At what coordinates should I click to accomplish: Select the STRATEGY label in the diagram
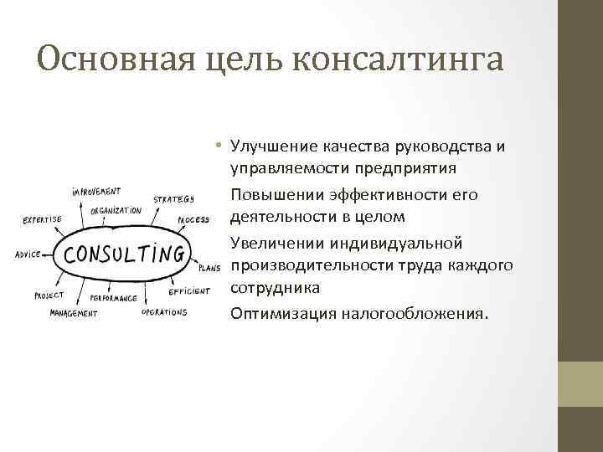tap(174, 199)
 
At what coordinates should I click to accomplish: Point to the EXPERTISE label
tap(42, 220)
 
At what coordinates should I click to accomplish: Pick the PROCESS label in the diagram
tap(193, 220)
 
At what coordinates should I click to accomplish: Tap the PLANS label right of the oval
tap(209, 269)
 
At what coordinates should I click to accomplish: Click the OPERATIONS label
tap(164, 312)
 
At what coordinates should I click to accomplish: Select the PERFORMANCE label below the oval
tap(113, 298)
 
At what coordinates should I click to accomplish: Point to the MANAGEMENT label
tap(74, 314)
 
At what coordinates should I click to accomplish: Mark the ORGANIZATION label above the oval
tap(116, 211)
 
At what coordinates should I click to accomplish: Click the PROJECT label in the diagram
tap(49, 295)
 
